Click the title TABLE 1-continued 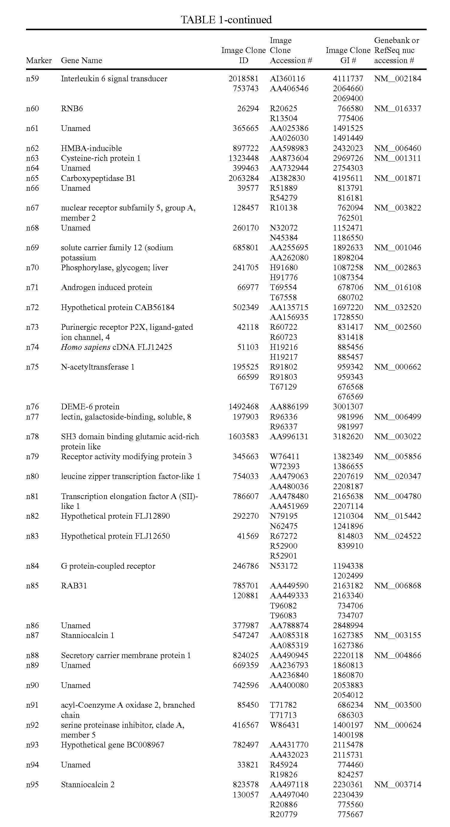[x=226, y=20]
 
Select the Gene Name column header [x=82, y=60]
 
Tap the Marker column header [x=39, y=60]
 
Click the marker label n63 [x=32, y=158]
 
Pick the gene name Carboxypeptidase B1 [x=98, y=178]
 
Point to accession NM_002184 [x=398, y=79]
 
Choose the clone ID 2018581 [x=244, y=79]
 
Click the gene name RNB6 [x=72, y=109]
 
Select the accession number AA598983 [x=289, y=148]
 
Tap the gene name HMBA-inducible [x=92, y=148]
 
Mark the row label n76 [x=32, y=407]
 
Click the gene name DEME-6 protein [x=90, y=407]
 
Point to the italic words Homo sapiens [x=86, y=347]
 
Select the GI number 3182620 [x=348, y=437]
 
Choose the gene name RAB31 [x=74, y=586]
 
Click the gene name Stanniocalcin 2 [x=88, y=784]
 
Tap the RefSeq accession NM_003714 [x=398, y=784]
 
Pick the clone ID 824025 [x=246, y=655]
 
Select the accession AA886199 [x=289, y=407]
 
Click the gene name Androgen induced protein [x=107, y=287]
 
